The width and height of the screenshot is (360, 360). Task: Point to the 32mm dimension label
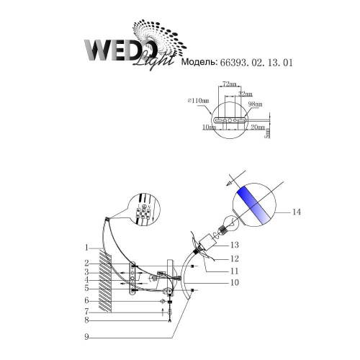pyautogui.click(x=245, y=94)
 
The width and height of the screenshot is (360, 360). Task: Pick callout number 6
pyautogui.click(x=85, y=300)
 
